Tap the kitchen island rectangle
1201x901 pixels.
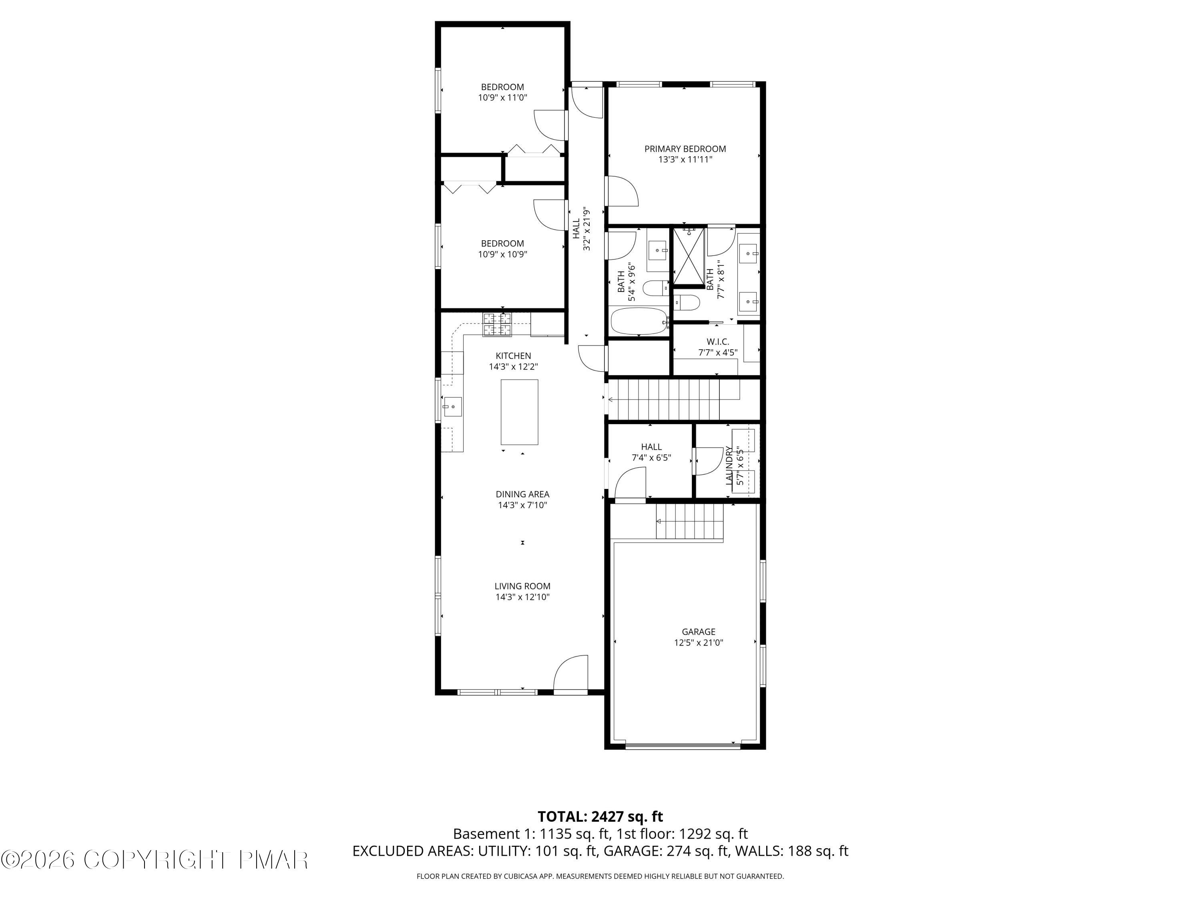point(519,412)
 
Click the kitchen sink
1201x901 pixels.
point(452,406)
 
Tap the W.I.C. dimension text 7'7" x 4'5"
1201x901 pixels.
point(717,352)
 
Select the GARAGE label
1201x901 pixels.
point(698,632)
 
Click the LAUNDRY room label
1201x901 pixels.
point(730,466)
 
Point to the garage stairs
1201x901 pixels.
point(689,521)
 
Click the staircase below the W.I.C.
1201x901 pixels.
point(673,399)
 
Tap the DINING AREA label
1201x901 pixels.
point(522,494)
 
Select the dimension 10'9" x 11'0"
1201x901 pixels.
point(502,98)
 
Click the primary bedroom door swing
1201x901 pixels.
point(622,191)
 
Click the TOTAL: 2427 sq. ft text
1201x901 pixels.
point(600,816)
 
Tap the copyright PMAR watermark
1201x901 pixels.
point(155,860)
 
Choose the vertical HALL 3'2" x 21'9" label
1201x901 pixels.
point(580,229)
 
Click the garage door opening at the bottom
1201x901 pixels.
point(683,746)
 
